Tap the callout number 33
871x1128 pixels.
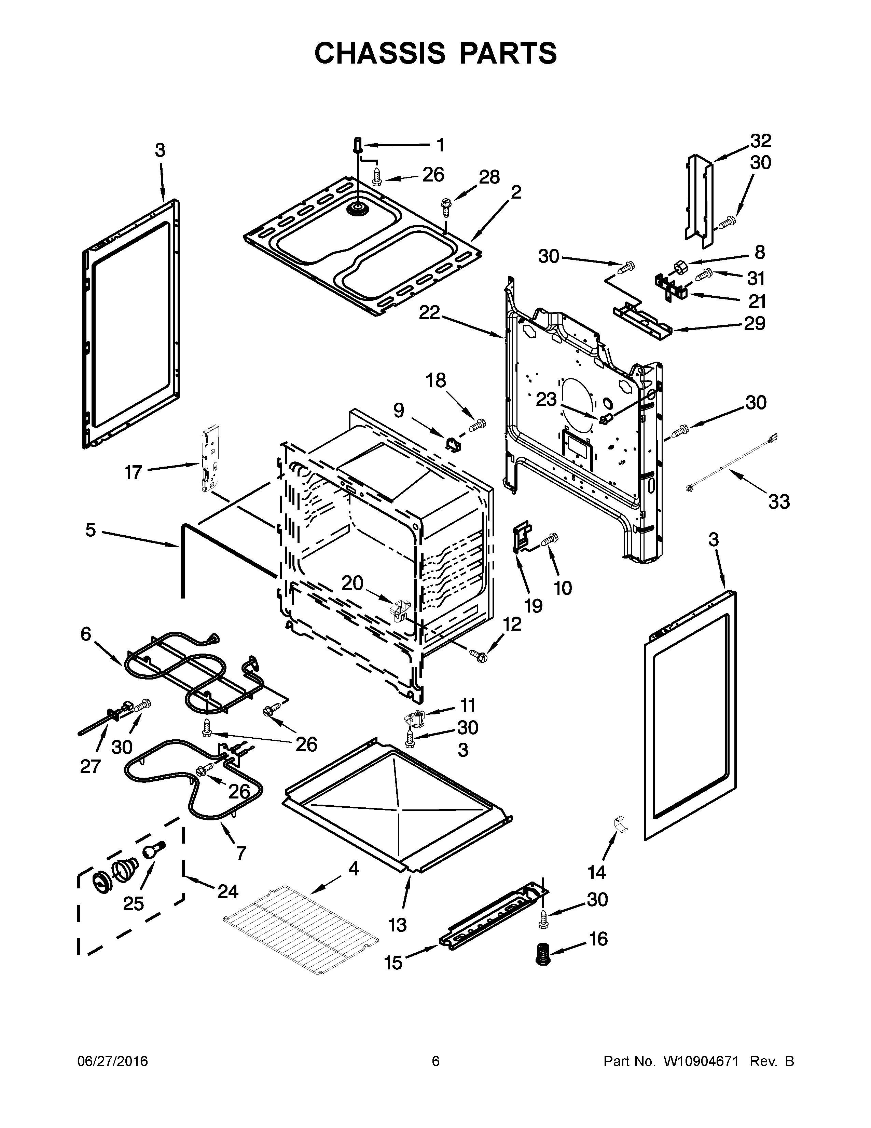pos(779,501)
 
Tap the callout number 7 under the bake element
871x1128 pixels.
pos(240,853)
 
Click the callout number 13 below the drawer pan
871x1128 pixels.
pos(397,925)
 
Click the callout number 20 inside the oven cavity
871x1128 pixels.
pos(353,583)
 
